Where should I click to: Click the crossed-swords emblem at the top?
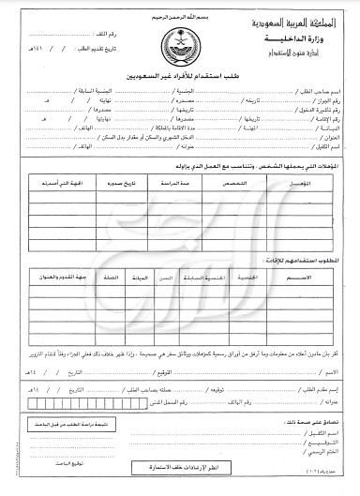pos(177,42)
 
